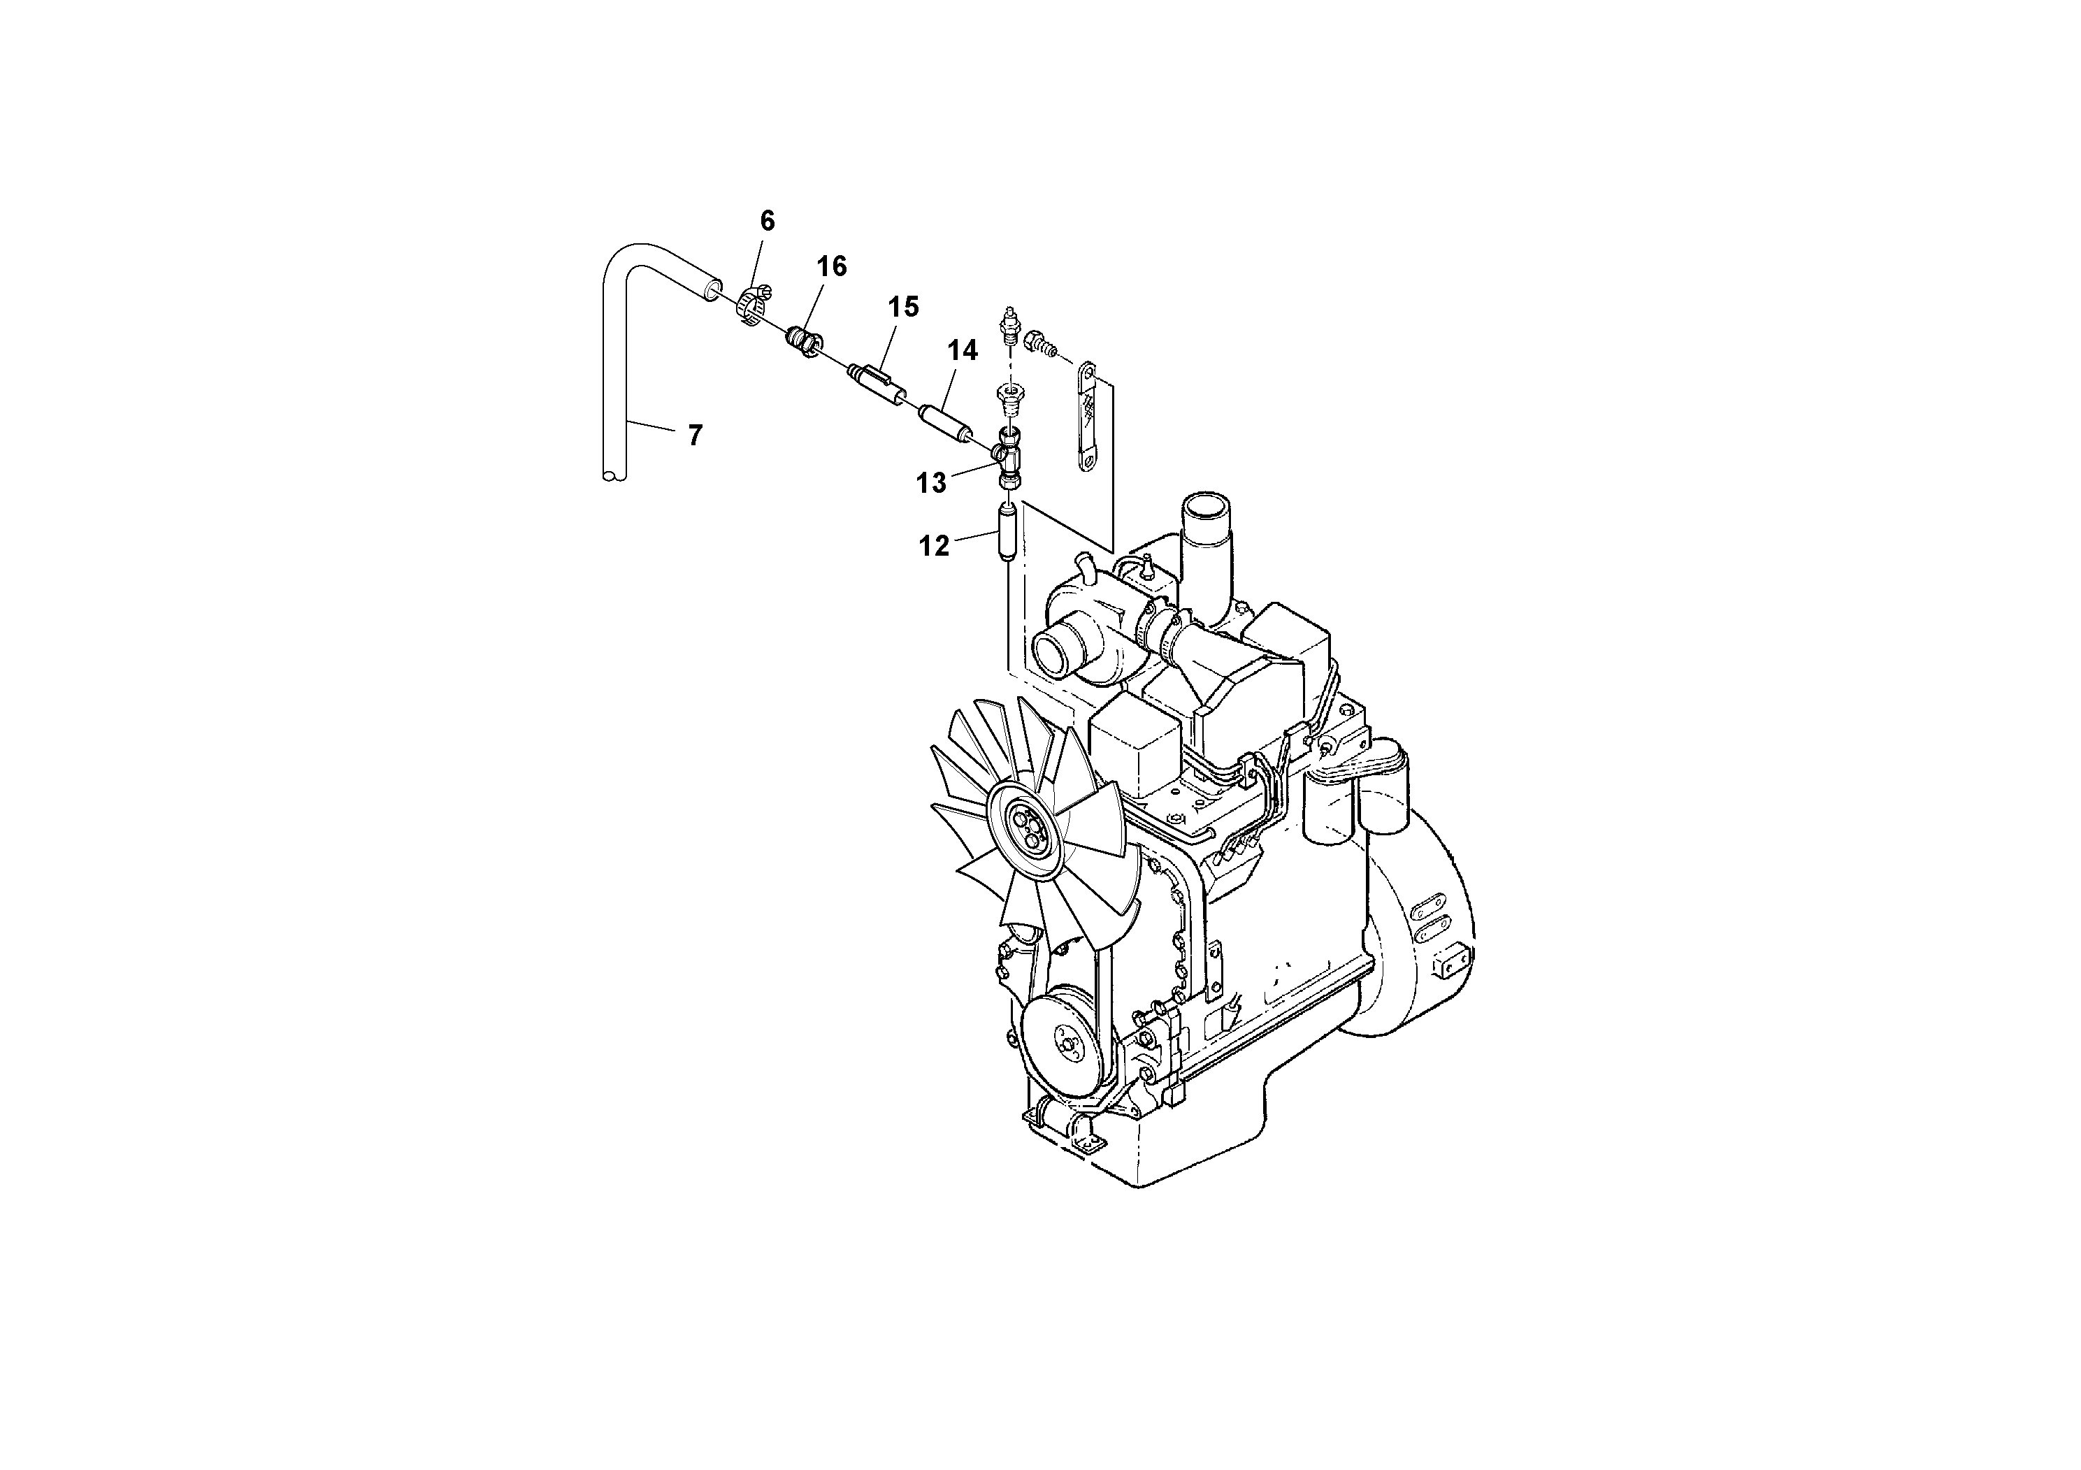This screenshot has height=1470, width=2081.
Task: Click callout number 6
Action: coord(767,221)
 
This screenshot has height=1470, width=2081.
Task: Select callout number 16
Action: coord(831,266)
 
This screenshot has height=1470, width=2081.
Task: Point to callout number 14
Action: coord(963,351)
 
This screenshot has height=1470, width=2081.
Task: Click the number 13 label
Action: coord(931,484)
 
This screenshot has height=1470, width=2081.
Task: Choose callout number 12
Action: coord(934,547)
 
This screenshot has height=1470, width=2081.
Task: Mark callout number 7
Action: coord(695,436)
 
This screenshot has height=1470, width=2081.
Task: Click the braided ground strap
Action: coord(1087,417)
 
